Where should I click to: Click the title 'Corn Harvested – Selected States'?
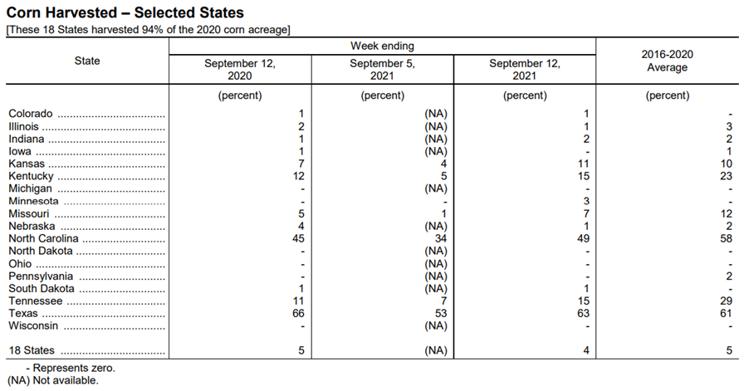tap(125, 12)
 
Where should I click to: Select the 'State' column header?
tap(87, 61)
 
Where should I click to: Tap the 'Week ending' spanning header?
tap(383, 46)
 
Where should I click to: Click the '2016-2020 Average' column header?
tap(667, 61)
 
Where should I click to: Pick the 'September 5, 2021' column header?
tap(383, 69)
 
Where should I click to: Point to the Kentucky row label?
tap(31, 176)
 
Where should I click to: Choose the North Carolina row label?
tap(44, 238)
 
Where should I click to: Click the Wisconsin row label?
tap(33, 325)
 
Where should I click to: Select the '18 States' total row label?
tap(32, 350)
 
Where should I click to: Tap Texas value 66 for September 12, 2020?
tap(298, 313)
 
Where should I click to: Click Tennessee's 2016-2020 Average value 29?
tap(726, 301)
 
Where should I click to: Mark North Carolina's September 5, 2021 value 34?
tap(441, 238)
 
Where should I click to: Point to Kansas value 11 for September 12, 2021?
tap(583, 164)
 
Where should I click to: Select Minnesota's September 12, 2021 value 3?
tap(586, 201)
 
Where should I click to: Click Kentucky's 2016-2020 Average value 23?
tap(726, 176)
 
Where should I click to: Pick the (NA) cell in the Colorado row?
tap(436, 114)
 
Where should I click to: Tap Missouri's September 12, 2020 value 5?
tap(301, 213)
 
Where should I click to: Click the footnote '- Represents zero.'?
tap(71, 368)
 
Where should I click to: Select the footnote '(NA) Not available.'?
tap(52, 380)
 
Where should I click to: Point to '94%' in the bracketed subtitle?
tap(152, 29)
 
